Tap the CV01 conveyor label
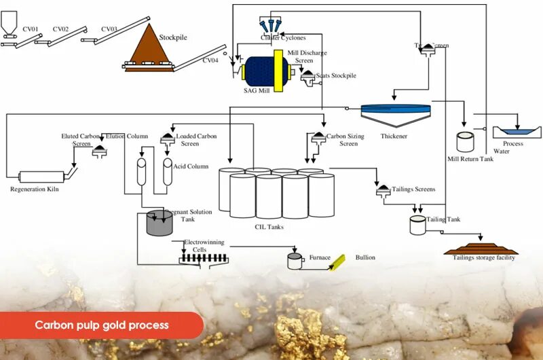pyautogui.click(x=31, y=29)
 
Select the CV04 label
pyautogui.click(x=210, y=60)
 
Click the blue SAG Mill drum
pyautogui.click(x=259, y=70)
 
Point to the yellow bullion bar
pyautogui.click(x=337, y=262)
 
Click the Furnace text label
pyautogui.click(x=320, y=257)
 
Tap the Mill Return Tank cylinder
pyautogui.click(x=466, y=142)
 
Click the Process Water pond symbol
pyautogui.click(x=514, y=130)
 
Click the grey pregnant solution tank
pyautogui.click(x=160, y=223)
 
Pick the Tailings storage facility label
pyautogui.click(x=484, y=257)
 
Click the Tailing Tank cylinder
pyautogui.click(x=417, y=226)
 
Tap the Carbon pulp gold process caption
pyautogui.click(x=102, y=325)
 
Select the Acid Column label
pyautogui.click(x=191, y=166)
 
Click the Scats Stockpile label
pyautogui.click(x=335, y=75)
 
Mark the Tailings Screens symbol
pyautogui.click(x=383, y=190)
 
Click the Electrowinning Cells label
pyautogui.click(x=204, y=246)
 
